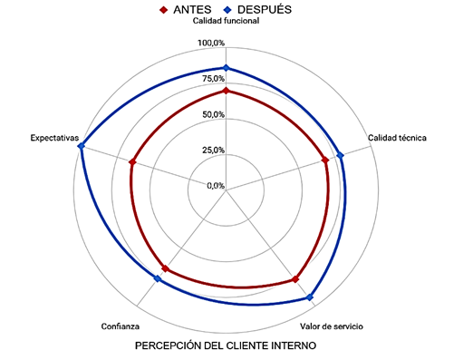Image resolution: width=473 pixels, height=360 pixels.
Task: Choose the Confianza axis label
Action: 121,326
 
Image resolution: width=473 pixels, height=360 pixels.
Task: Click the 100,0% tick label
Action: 210,44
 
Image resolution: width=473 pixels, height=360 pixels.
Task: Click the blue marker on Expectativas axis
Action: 82,146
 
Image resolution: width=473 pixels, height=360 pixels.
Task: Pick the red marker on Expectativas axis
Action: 132,163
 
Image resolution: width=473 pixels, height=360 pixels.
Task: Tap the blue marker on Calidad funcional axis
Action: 226,69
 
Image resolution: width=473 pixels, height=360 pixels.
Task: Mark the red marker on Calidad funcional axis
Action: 226,91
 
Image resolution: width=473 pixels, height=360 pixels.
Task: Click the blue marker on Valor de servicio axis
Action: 310,297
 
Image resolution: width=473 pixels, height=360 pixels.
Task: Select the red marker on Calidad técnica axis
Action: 325,161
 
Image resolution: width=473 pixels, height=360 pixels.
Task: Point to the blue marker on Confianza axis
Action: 158,278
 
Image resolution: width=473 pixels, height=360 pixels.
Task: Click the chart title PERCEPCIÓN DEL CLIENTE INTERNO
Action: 226,346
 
